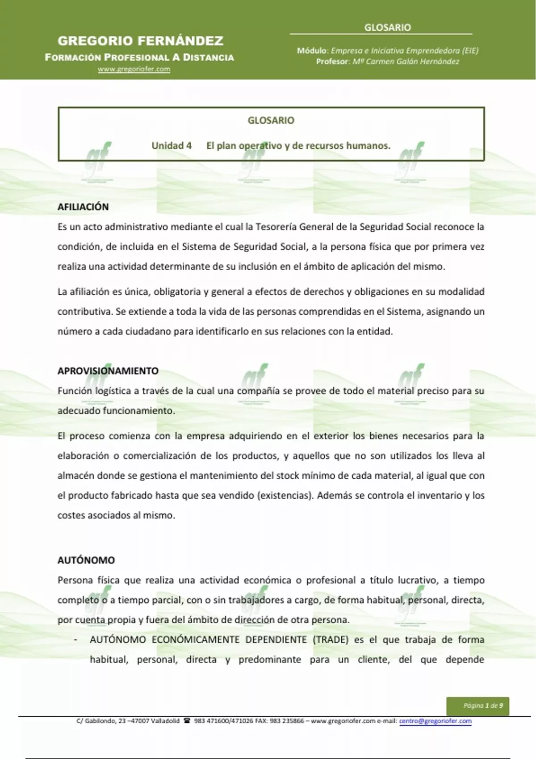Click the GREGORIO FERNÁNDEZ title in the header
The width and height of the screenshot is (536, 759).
coord(140,41)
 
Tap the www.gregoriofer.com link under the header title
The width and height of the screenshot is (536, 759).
coord(134,69)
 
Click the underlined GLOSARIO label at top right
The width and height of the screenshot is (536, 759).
coord(387,28)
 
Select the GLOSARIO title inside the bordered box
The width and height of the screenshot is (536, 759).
coord(271,121)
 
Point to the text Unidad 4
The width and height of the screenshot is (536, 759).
coord(172,146)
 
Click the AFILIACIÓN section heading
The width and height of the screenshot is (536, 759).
coord(83,207)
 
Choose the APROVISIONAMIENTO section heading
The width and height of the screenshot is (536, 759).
coord(108,371)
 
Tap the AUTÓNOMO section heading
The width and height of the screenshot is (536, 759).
coord(86,560)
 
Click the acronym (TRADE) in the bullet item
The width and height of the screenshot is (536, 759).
coord(331,640)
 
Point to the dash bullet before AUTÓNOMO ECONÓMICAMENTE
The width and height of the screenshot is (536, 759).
coord(76,640)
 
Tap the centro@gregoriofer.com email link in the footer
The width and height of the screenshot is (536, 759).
coord(435,721)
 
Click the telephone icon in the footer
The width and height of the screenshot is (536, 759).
coord(187,721)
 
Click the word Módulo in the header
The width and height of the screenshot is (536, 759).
coord(313,51)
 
